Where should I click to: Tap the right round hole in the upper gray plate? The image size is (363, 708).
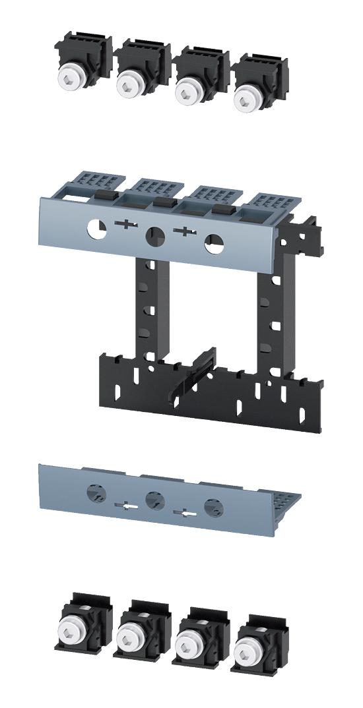tap(213, 243)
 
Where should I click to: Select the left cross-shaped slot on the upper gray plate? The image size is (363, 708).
tap(125, 225)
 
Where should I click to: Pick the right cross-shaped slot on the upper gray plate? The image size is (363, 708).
tap(184, 231)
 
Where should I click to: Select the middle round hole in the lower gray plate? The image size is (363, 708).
tap(154, 499)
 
